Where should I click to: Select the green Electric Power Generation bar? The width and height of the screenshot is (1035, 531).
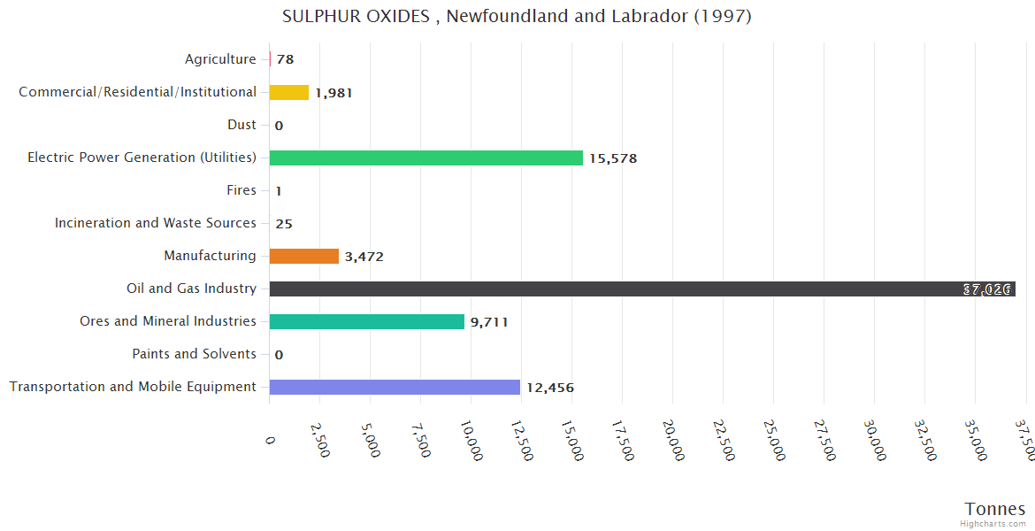tap(425, 158)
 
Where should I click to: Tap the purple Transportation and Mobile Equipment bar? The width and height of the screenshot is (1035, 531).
tap(395, 387)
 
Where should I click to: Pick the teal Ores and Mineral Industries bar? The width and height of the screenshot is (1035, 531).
tap(366, 321)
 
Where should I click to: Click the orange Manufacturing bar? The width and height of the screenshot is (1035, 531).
tap(303, 256)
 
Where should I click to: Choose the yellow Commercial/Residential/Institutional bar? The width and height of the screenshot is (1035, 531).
tap(288, 92)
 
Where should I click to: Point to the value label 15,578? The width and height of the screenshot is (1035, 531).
tap(613, 158)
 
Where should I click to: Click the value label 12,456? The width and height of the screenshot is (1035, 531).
tap(550, 388)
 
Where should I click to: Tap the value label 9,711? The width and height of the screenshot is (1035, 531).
tap(489, 322)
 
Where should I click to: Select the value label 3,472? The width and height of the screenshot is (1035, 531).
tap(364, 257)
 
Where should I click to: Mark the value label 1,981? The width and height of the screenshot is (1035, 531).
tap(333, 93)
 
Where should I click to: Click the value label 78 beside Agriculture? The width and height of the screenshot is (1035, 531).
tap(285, 60)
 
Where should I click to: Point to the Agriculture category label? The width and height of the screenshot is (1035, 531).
tap(220, 59)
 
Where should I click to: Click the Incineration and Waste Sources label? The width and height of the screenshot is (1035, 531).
tap(156, 223)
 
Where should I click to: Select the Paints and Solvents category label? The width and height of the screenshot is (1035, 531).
tap(194, 354)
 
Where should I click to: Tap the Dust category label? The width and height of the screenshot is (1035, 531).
tap(241, 125)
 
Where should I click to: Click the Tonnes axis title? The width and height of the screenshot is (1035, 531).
tap(994, 508)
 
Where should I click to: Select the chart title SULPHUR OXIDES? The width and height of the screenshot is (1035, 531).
tap(517, 17)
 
